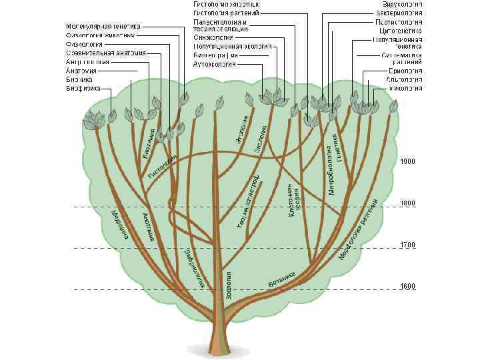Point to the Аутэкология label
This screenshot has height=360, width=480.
205,65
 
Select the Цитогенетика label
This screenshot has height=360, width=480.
399,31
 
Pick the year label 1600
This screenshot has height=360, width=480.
407,287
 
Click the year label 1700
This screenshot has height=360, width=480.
407,246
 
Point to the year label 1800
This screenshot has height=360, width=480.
407,203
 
